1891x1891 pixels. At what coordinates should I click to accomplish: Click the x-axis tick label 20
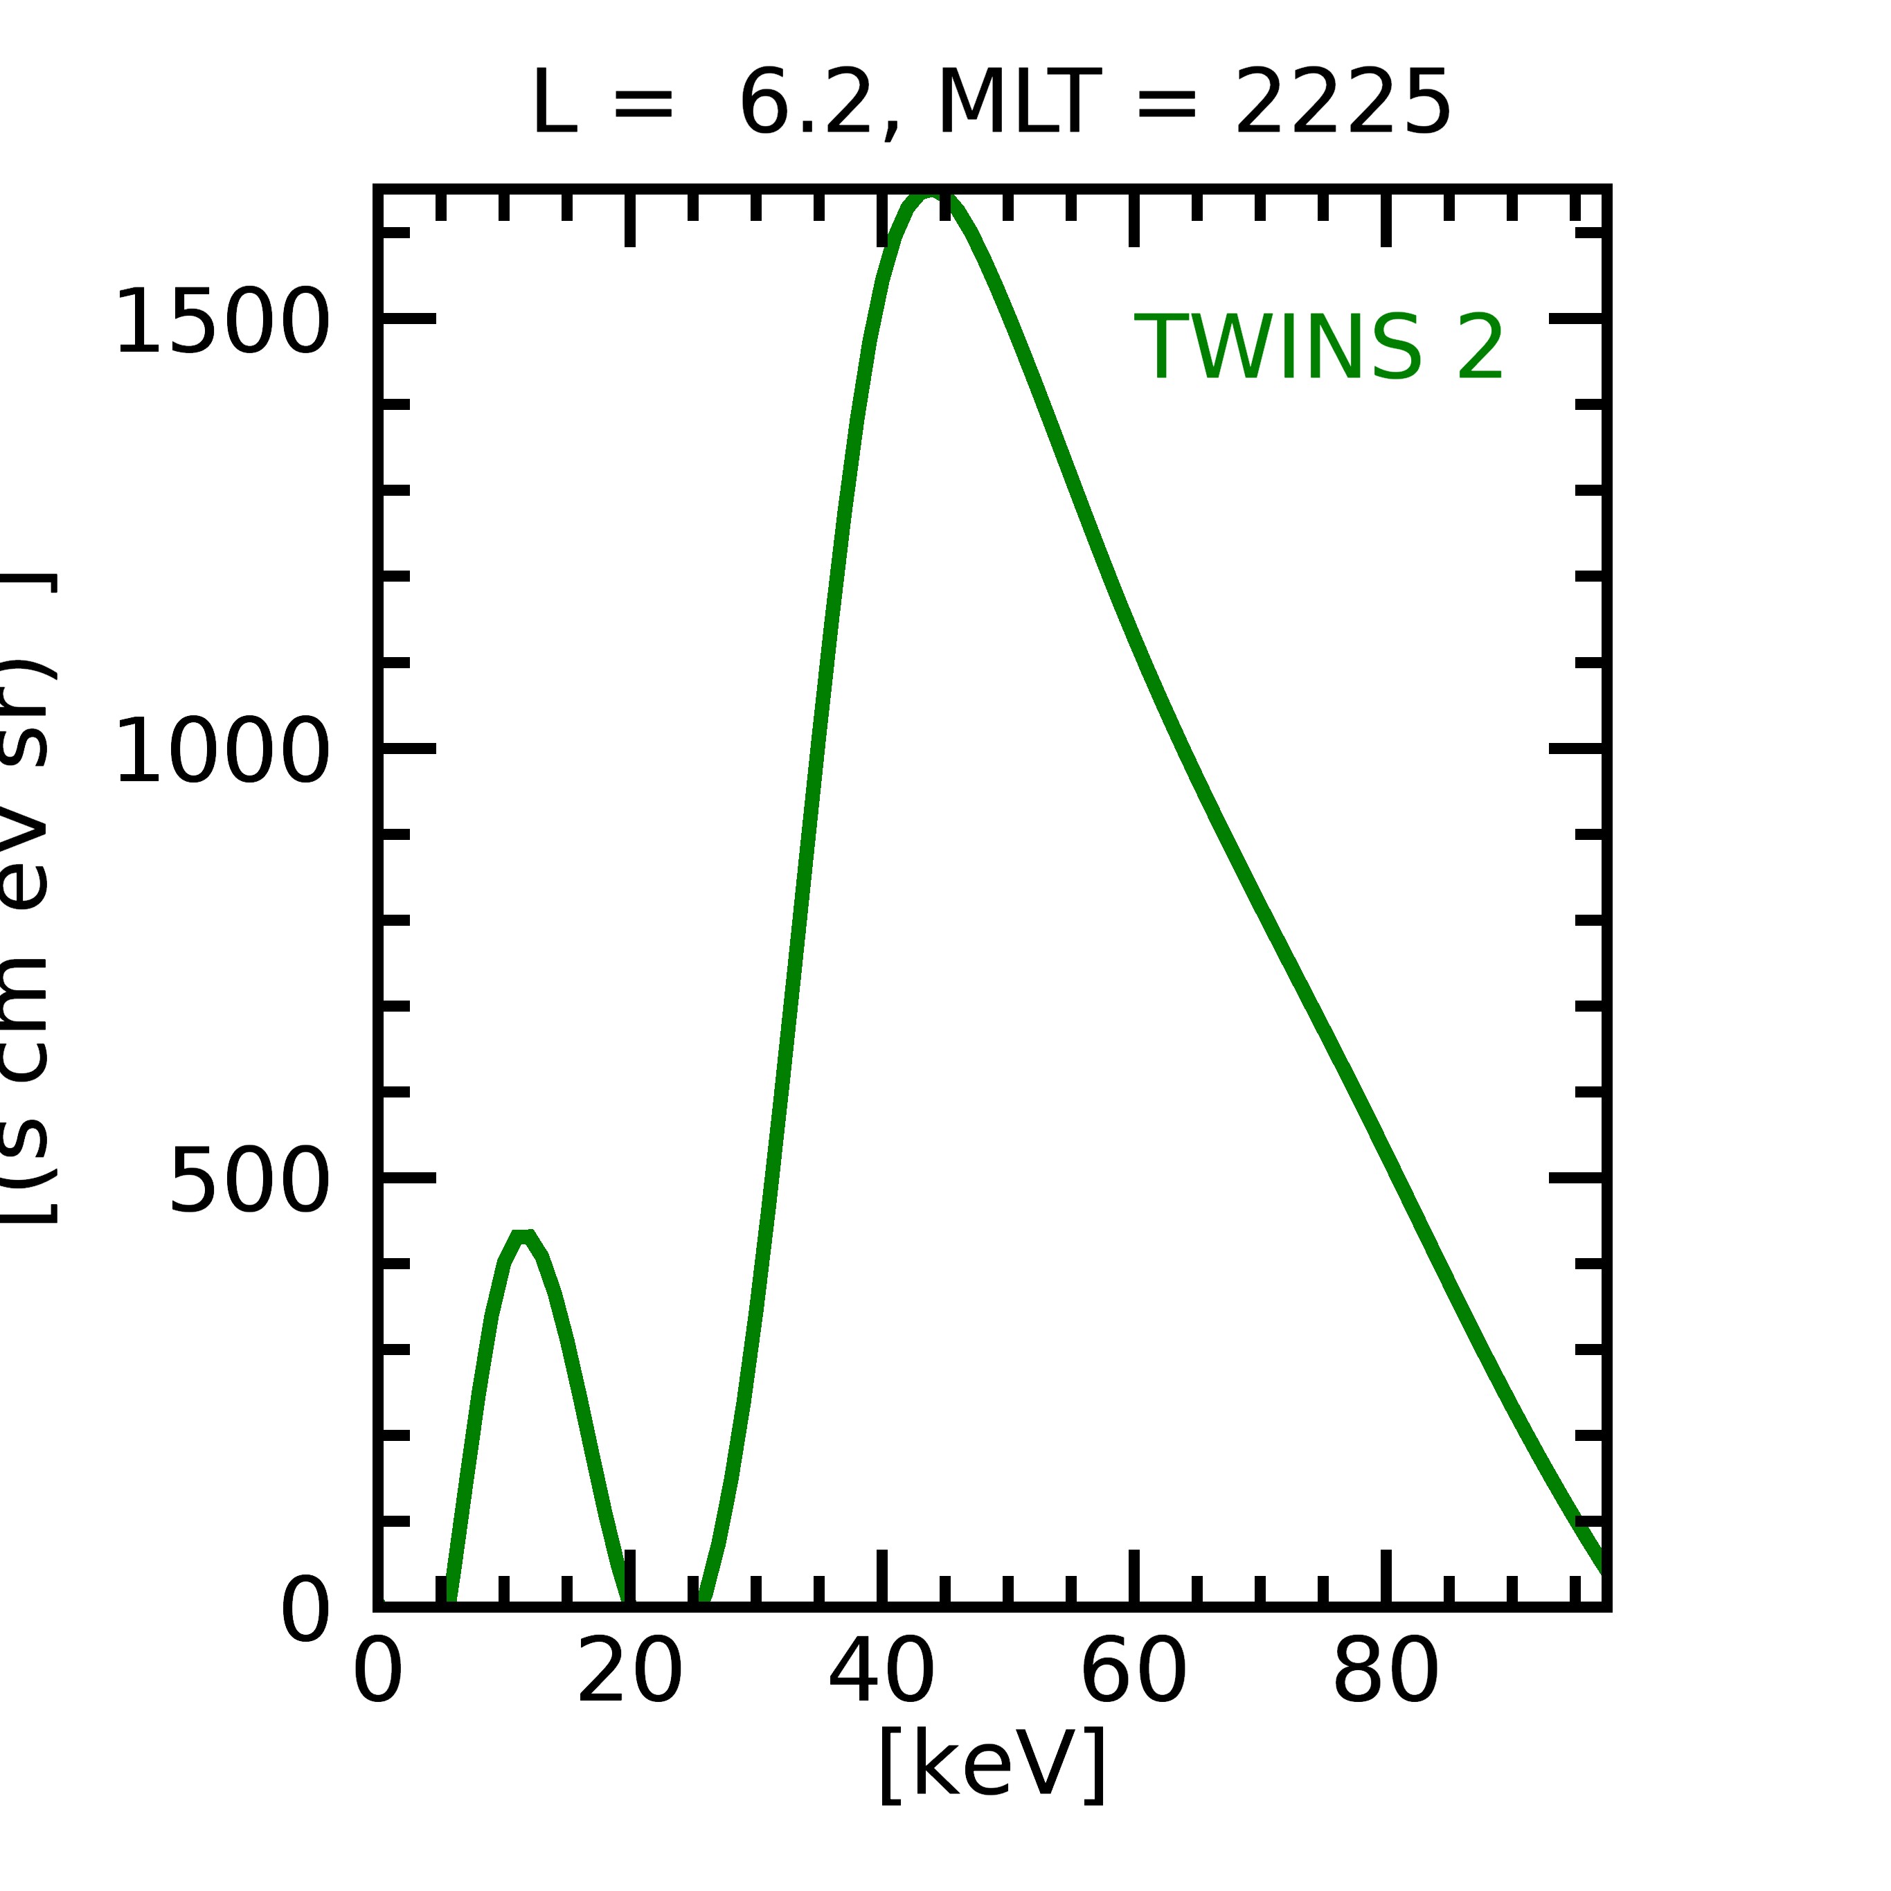coord(629,1673)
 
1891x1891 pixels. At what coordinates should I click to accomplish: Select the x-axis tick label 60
coord(1133,1673)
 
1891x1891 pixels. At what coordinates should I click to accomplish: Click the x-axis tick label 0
coord(378,1673)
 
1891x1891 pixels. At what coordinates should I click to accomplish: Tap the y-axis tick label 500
coord(249,1181)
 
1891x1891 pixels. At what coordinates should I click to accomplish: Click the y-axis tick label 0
coord(305,1609)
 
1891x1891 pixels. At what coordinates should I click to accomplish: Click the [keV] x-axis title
coord(992,1764)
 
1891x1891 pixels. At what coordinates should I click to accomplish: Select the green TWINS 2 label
coord(1318,348)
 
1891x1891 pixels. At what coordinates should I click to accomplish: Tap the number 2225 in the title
coord(1342,104)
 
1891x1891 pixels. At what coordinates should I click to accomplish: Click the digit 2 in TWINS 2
coord(1479,348)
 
